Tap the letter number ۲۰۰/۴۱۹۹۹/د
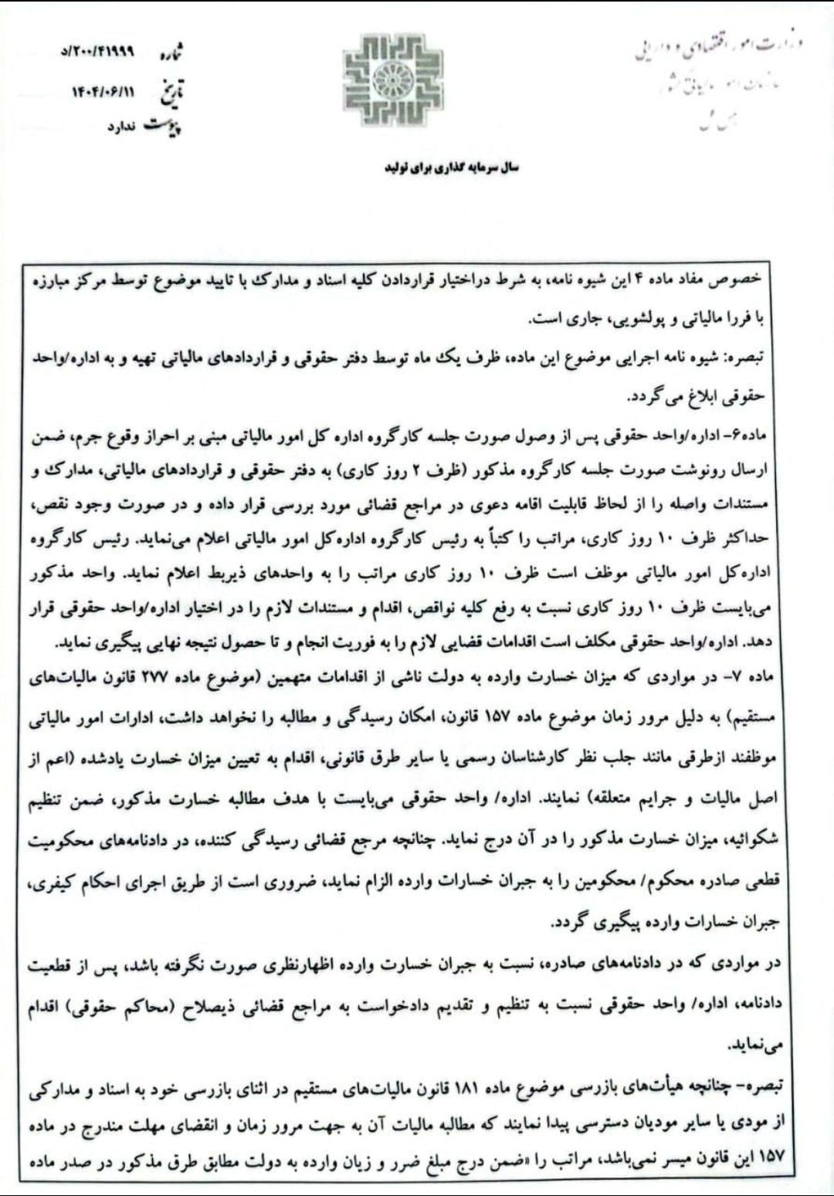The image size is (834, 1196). coord(97,53)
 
